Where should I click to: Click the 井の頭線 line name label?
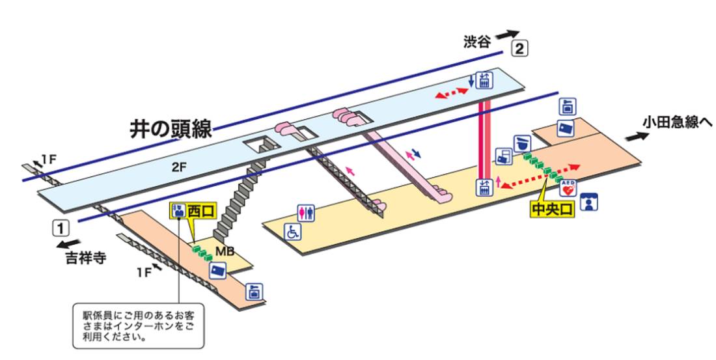pos(171,128)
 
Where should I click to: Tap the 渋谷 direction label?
pos(476,42)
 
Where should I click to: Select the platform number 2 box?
pos(519,48)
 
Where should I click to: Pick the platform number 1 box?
pos(61,227)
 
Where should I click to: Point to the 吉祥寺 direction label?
pos(86,258)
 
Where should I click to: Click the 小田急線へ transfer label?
pos(677,122)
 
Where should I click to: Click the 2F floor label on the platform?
pos(180,167)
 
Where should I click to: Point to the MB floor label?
pos(225,252)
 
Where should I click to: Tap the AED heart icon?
pos(568,188)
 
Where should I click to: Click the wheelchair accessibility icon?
pos(293,232)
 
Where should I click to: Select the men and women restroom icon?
pos(306,214)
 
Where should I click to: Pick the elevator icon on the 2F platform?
pos(484,81)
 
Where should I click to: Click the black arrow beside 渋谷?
pos(508,35)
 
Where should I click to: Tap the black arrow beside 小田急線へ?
pos(637,136)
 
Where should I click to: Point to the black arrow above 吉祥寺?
pos(68,244)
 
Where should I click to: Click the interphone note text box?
pos(139,325)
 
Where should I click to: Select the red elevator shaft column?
pos(484,139)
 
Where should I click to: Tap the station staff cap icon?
pos(522,144)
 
